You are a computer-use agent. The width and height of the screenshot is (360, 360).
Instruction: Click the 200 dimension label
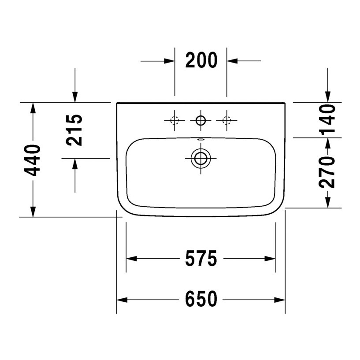(201, 60)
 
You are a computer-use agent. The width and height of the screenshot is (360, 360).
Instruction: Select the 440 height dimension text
(33, 160)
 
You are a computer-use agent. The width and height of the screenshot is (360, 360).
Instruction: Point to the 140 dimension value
(327, 119)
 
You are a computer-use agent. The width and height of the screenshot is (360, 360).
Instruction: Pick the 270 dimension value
(327, 172)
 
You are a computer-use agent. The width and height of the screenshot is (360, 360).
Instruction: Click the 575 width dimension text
(201, 259)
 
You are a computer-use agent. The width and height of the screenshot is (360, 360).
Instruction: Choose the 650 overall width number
(201, 300)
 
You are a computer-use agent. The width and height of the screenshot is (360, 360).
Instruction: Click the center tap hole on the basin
(201, 120)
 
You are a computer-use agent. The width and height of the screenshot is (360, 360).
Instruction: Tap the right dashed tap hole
(227, 120)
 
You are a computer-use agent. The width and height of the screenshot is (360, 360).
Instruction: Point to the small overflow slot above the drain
(201, 141)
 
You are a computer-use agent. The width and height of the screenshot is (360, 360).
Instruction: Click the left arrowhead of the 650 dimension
(122, 300)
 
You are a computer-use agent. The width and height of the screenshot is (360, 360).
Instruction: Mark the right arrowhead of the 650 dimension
(280, 300)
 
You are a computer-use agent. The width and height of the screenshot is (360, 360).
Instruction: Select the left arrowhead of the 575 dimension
(132, 259)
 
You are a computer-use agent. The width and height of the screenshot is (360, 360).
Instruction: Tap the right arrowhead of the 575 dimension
(270, 259)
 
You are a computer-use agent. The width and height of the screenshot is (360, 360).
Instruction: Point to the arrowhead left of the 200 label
(170, 61)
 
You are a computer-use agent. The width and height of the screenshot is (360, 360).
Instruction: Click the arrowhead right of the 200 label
(232, 61)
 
